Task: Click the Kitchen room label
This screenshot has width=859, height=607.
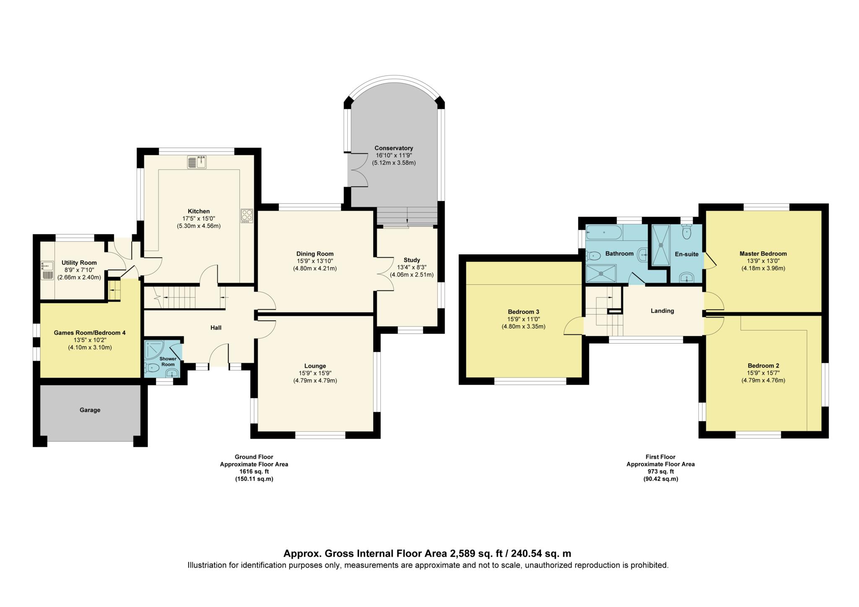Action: pyautogui.click(x=198, y=211)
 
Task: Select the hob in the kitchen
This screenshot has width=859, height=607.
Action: pyautogui.click(x=247, y=216)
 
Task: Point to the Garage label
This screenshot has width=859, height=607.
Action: pyautogui.click(x=90, y=410)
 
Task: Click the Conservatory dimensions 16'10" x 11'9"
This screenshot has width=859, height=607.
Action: pyautogui.click(x=393, y=155)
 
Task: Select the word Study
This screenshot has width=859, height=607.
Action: pyautogui.click(x=411, y=260)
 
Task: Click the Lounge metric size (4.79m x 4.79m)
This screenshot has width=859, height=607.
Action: pyautogui.click(x=315, y=380)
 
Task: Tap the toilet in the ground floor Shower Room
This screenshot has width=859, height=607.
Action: pyautogui.click(x=152, y=368)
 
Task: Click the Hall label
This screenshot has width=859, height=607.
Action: pyautogui.click(x=216, y=327)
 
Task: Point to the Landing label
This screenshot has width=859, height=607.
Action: pyautogui.click(x=662, y=311)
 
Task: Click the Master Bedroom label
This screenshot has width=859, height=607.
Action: pyautogui.click(x=763, y=253)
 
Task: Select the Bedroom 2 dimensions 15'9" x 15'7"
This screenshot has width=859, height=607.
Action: pyautogui.click(x=763, y=373)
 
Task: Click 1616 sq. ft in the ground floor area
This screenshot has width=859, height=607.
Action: pyautogui.click(x=254, y=472)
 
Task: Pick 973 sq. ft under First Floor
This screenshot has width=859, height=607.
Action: pyautogui.click(x=660, y=472)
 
